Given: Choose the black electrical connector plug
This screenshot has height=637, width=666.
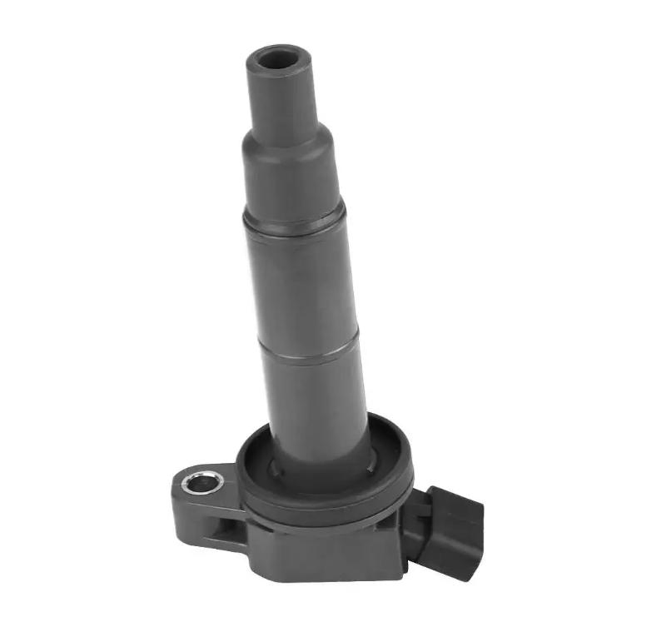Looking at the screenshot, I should point(454,533).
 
